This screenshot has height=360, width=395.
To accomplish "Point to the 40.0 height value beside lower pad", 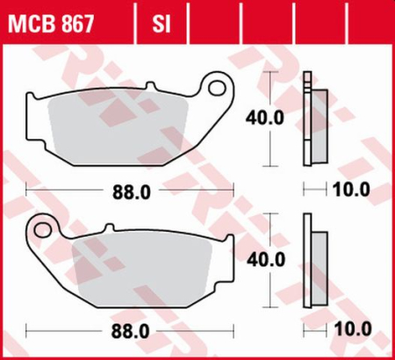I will (x=266, y=260).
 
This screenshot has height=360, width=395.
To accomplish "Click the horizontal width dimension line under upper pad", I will (x=61, y=189).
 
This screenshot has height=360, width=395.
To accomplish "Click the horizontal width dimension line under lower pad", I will (x=61, y=332).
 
